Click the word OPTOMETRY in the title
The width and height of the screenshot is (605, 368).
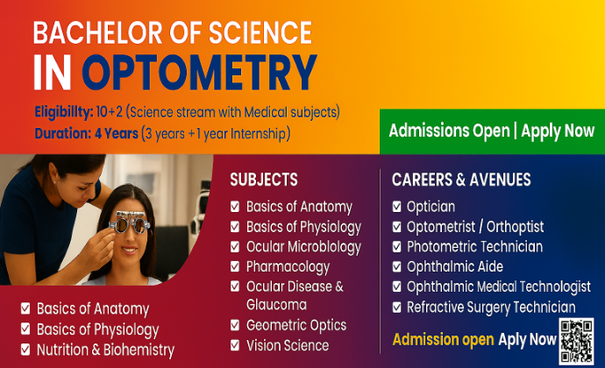coord(199,73)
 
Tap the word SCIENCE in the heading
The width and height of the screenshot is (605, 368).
coord(260,32)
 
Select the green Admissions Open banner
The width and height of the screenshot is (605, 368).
coord(492,131)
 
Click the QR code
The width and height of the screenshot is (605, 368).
coord(576,342)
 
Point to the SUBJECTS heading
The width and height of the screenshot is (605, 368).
coord(264,180)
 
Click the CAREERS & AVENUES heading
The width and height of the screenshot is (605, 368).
coord(461,180)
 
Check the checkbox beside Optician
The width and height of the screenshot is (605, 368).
coord(396,207)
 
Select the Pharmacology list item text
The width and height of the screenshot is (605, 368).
coord(288,267)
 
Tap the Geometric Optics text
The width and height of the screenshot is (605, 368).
coord(296,325)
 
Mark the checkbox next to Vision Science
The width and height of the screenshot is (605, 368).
coord(235,345)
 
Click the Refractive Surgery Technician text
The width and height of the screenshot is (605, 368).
coord(491,308)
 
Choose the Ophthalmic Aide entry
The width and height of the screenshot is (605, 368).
coord(455,266)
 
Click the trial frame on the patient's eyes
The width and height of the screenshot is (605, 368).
coord(129,223)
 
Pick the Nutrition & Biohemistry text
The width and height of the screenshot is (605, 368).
coord(105,350)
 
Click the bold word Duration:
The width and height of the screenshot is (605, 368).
coord(63,133)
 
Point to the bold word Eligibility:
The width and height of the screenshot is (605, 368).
coord(64,112)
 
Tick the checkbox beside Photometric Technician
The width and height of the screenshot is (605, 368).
coord(396,247)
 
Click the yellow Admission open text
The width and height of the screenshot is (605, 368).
coord(443,340)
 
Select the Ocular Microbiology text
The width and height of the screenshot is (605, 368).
coord(303,247)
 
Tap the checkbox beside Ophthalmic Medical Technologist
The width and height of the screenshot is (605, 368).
coord(396,287)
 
